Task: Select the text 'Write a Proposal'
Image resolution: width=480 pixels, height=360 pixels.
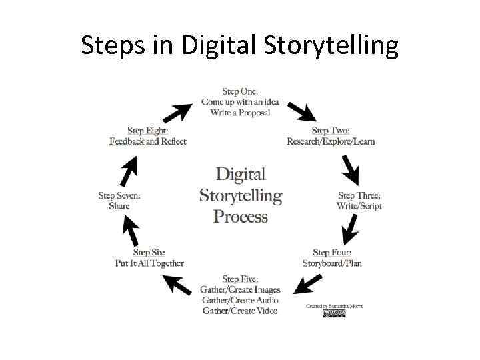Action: pos(240,113)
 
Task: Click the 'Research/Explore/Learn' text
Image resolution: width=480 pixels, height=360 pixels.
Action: pos(331,141)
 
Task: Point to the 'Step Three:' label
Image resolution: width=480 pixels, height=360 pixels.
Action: pos(359,196)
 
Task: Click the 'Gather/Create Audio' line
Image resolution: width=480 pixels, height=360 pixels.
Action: pos(240,300)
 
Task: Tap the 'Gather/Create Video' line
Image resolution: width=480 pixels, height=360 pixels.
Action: pos(240,311)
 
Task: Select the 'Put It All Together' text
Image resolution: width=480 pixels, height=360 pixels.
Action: pos(149,263)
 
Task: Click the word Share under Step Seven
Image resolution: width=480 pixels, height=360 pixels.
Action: pos(119,206)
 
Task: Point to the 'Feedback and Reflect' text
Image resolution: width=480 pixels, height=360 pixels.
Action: pos(148,141)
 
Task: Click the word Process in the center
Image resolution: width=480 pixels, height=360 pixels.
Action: pos(241,217)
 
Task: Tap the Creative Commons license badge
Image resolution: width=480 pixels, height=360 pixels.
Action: pos(335,313)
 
